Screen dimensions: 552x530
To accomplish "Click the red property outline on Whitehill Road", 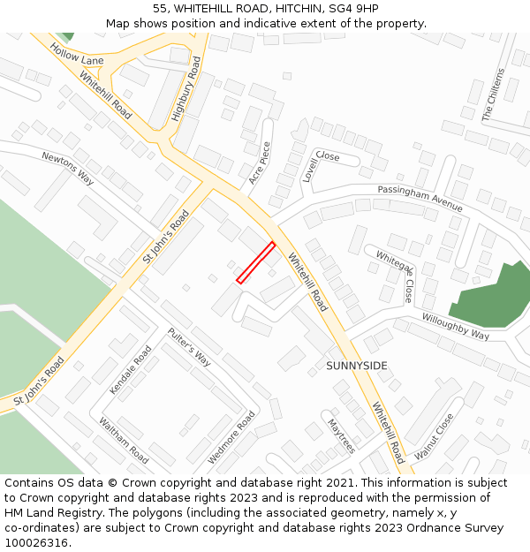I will click(256, 262).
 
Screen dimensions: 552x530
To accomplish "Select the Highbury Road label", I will click(186, 88).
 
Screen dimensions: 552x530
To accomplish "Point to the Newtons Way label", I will click(68, 168).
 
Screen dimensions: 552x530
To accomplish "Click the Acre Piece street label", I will click(260, 163).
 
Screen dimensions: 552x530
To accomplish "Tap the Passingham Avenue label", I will click(420, 198).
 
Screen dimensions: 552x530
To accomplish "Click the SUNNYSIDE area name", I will click(357, 365).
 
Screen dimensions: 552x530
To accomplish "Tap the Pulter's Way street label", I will click(190, 347).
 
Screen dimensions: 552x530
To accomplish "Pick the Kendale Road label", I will click(131, 369).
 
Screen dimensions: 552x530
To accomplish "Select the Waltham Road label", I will click(124, 441).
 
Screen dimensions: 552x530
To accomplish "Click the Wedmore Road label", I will click(231, 437).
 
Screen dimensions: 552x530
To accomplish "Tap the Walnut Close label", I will click(434, 435).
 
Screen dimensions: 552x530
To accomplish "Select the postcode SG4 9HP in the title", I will click(354, 8).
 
